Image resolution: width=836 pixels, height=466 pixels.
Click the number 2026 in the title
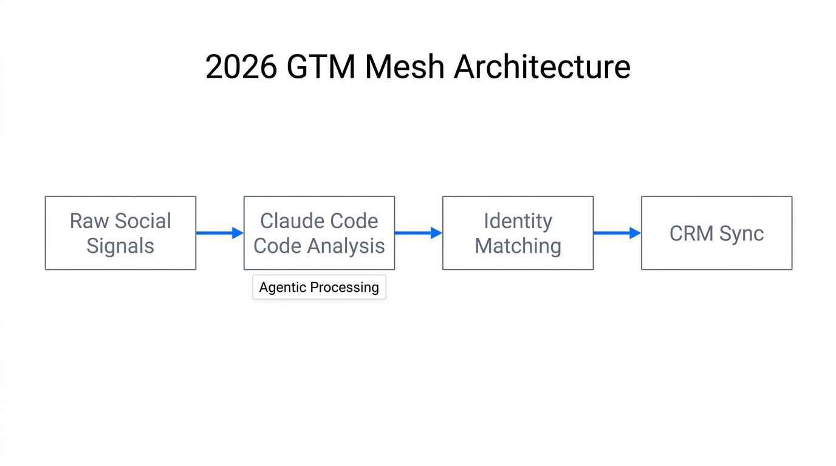coord(241,67)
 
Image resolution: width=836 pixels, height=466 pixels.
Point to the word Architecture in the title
coord(542,67)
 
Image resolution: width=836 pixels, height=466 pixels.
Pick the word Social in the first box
coord(143,221)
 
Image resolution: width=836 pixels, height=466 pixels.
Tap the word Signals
coord(120,246)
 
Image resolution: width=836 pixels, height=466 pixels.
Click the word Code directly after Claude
coord(352,221)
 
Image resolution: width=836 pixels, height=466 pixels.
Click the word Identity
coord(518,221)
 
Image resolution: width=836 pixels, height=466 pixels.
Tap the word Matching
coord(518,246)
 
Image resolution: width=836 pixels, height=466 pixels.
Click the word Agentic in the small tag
coord(283,287)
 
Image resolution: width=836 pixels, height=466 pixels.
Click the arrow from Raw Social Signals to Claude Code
coord(219,233)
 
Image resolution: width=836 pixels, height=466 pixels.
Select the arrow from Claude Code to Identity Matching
coord(418,233)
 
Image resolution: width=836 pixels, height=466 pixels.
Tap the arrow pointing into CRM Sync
coord(617,233)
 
